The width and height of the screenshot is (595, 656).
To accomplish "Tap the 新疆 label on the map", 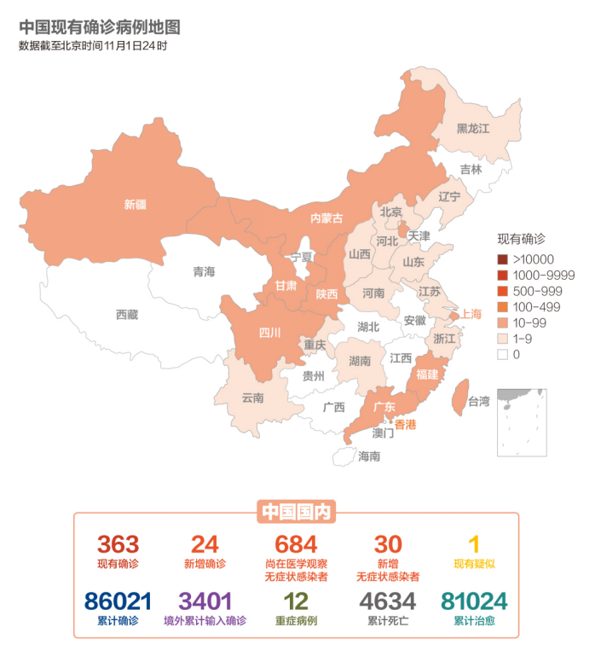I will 135,205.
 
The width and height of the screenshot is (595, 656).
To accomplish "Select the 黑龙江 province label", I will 472,129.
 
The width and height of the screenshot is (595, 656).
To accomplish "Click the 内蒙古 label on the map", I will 326,218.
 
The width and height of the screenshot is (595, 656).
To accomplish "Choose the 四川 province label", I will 269,333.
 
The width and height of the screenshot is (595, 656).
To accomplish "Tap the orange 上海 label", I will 471,314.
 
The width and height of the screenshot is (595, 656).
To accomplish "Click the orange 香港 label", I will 406,424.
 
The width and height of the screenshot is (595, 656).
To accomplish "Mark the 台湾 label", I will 479,401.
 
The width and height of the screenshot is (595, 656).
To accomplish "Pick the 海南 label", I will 369,456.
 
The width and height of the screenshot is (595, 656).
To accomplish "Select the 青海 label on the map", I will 204,272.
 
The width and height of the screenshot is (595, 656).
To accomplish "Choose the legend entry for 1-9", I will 523,339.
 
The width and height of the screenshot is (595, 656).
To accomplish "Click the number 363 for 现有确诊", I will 118,544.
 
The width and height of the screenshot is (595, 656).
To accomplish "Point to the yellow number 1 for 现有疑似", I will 474,544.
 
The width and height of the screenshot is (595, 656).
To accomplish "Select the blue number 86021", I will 118,601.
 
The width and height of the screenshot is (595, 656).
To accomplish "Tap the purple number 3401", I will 205,601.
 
